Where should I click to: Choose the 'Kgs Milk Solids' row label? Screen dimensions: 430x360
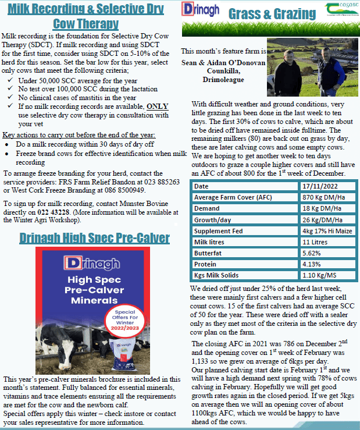tap(219, 275)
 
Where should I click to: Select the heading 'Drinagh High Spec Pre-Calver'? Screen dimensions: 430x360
tap(94, 238)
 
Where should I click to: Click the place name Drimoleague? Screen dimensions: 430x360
tap(224, 79)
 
